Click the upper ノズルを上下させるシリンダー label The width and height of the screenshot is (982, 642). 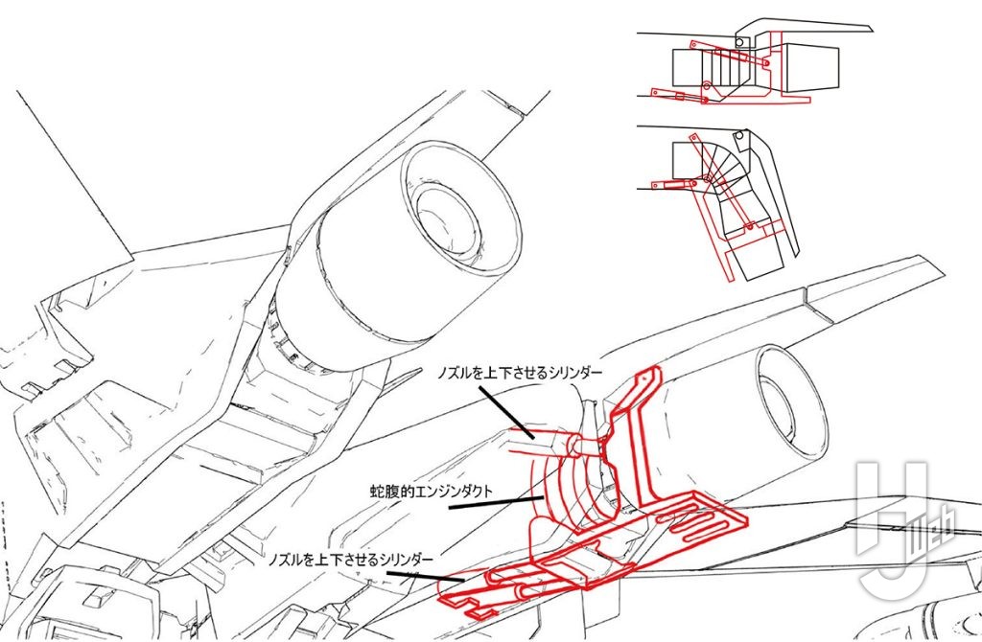pyautogui.click(x=520, y=373)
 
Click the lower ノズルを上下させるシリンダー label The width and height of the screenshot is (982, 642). pyautogui.click(x=350, y=559)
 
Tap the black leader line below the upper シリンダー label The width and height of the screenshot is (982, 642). pyautogui.click(x=506, y=411)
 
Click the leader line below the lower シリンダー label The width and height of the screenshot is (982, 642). pyautogui.click(x=425, y=576)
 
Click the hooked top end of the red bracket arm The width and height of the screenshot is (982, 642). pyautogui.click(x=648, y=378)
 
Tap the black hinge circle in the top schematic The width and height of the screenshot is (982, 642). pyautogui.click(x=739, y=42)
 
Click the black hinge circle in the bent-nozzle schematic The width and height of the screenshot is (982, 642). pyautogui.click(x=740, y=135)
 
